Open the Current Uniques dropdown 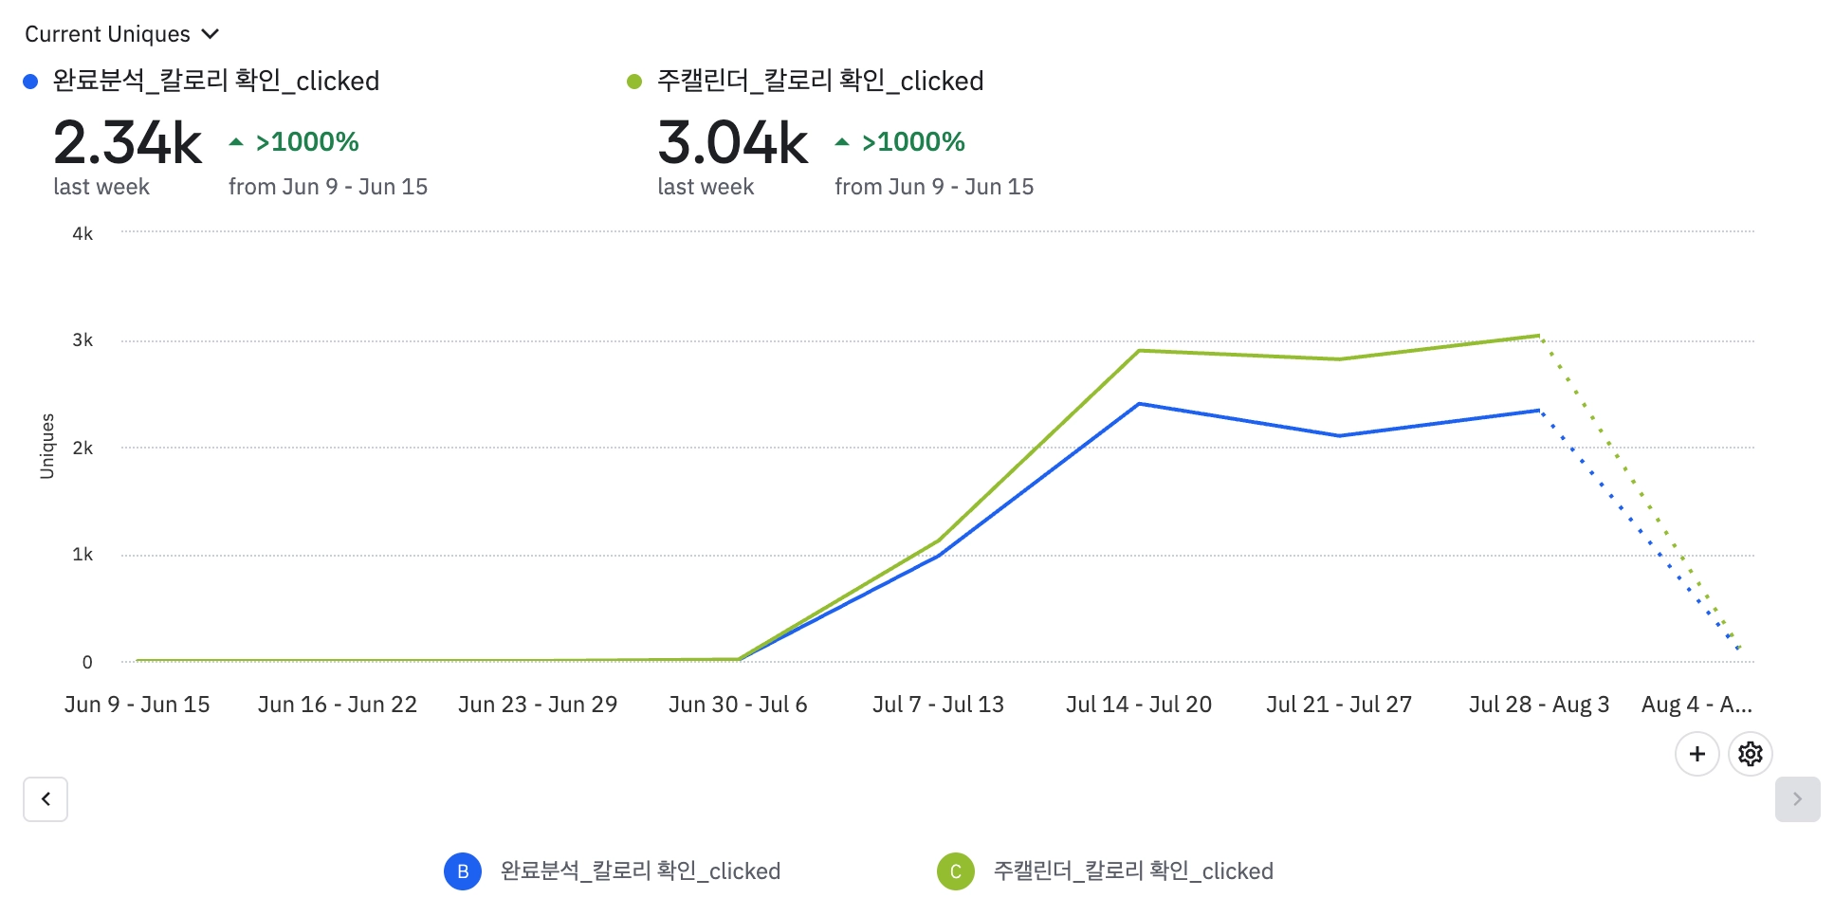121,34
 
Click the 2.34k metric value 127,143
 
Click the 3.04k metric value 732,143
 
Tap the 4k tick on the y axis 83,233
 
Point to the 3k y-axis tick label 83,340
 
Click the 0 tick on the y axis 87,662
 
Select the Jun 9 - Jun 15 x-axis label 138,705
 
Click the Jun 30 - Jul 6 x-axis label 738,705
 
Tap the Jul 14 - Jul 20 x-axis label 1139,705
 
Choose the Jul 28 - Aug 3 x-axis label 1539,705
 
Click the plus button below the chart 1697,754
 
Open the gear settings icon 1751,754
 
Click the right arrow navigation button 1797,799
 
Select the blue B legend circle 463,871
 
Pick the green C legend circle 956,871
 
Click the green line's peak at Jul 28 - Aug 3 1539,336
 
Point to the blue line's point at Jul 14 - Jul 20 1139,404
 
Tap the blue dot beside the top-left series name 30,82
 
